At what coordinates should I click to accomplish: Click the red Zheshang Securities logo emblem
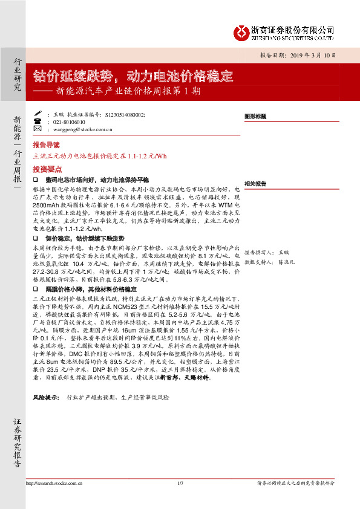(x=241, y=32)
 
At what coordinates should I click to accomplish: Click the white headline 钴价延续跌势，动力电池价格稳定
(x=133, y=76)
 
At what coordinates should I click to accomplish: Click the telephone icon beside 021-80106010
(x=37, y=121)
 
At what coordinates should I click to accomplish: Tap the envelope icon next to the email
(x=37, y=129)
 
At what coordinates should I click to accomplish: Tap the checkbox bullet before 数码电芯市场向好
(x=36, y=180)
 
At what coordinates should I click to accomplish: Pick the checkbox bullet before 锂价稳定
(x=36, y=238)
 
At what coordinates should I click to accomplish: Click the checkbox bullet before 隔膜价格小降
(x=36, y=290)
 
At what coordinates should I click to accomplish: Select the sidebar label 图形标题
(x=255, y=115)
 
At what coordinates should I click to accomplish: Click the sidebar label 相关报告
(x=255, y=183)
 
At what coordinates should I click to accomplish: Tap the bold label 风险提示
(x=46, y=397)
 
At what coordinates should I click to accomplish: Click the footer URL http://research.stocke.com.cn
(x=55, y=482)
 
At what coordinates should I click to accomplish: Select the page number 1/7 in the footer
(x=180, y=482)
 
